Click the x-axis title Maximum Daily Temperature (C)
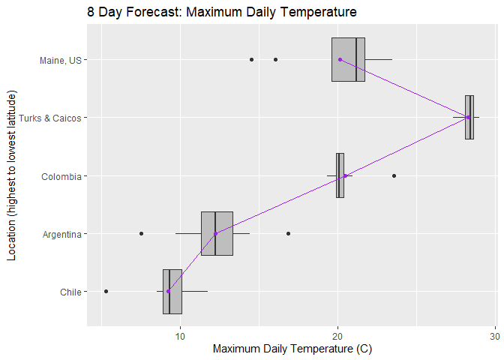tap(292, 349)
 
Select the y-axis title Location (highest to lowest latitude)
tap(11, 175)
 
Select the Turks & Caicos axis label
tap(49, 118)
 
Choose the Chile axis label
tap(70, 292)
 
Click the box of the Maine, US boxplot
tap(348, 59)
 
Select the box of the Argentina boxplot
tap(217, 234)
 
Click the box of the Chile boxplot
tap(172, 292)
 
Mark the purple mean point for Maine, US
tap(340, 59)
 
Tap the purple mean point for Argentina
tap(215, 234)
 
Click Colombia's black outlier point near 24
tap(394, 175)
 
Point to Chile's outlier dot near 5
tap(106, 291)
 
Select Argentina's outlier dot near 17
tap(288, 234)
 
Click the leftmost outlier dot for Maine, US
tap(251, 59)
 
